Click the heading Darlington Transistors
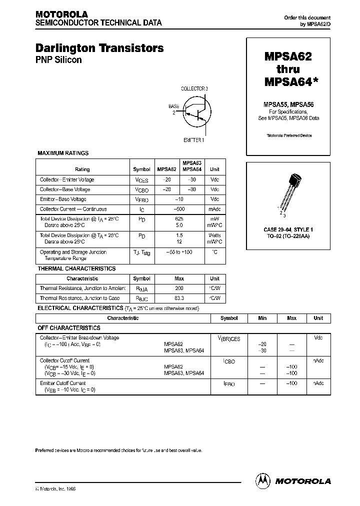pyautogui.click(x=99, y=48)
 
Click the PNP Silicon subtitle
pyautogui.click(x=58, y=60)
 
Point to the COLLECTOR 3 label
pyautogui.click(x=194, y=88)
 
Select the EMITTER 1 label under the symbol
pyautogui.click(x=193, y=140)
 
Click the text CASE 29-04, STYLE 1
pyautogui.click(x=288, y=229)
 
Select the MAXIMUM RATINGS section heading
pyautogui.click(x=63, y=153)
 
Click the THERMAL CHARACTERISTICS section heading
pyautogui.click(x=76, y=268)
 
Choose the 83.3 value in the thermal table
pyautogui.click(x=179, y=298)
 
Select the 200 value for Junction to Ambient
pyautogui.click(x=179, y=288)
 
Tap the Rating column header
pyautogui.click(x=82, y=169)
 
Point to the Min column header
pyautogui.click(x=262, y=318)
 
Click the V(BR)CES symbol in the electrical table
pyautogui.click(x=229, y=339)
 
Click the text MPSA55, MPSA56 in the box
pyautogui.click(x=288, y=104)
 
